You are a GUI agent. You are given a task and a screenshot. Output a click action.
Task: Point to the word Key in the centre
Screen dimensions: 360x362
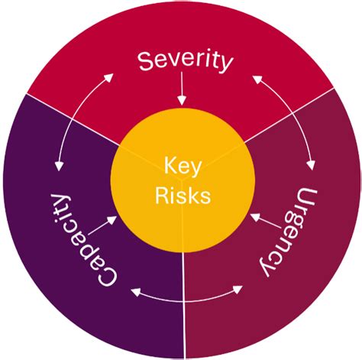(182, 166)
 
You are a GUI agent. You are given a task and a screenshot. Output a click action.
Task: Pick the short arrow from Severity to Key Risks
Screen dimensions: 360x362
(182, 94)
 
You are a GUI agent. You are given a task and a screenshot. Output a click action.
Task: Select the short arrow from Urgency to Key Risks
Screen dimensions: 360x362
(263, 222)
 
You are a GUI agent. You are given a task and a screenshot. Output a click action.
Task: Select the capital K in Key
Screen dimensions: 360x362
(166, 166)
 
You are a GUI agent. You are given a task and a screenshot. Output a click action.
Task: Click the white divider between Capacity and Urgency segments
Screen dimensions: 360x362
(183, 306)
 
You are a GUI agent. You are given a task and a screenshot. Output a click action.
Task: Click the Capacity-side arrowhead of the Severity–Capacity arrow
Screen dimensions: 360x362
(59, 166)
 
